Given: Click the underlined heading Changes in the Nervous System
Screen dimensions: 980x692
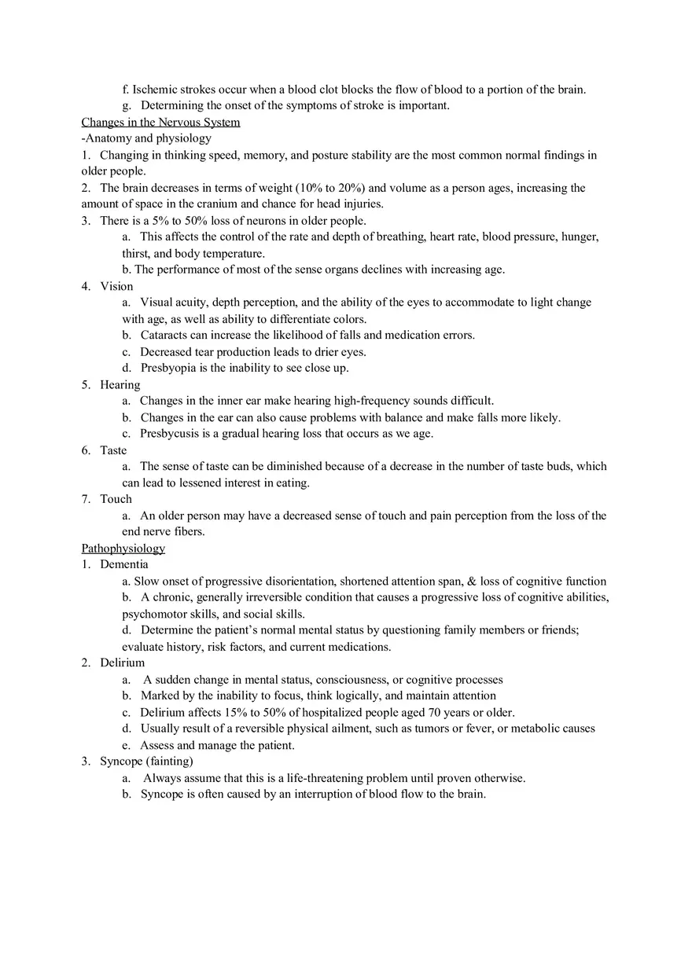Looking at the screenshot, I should [x=160, y=122].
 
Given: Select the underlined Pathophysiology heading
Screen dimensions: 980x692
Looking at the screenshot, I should [x=123, y=549].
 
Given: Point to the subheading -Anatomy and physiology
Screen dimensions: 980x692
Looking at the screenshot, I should [x=146, y=138].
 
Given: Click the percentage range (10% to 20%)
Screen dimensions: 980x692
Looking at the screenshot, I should [x=327, y=188].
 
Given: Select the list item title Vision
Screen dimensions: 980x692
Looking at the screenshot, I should [x=116, y=286].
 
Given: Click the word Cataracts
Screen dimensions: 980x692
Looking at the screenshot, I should [x=164, y=335].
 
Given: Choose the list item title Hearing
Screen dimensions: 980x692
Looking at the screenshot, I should [x=120, y=384].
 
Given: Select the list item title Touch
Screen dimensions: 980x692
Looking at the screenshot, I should [x=116, y=499].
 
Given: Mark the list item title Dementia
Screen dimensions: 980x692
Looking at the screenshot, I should [x=123, y=564].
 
